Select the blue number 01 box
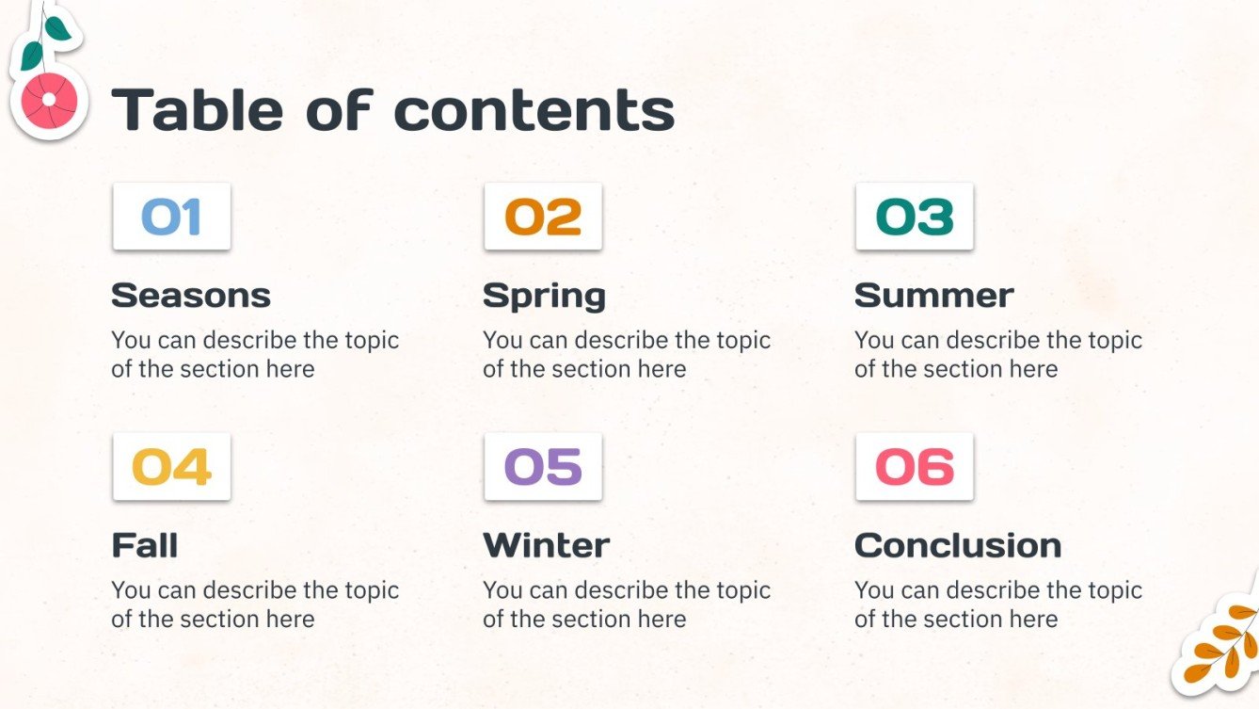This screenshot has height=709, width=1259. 171,217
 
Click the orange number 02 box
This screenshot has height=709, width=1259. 543,217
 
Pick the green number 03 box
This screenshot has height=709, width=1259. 915,217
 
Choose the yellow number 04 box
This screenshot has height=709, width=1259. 171,467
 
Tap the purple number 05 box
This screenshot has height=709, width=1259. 543,467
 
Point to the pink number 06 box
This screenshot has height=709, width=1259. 915,467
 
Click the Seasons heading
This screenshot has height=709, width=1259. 191,296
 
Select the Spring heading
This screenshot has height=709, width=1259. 544,297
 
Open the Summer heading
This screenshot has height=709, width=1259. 933,296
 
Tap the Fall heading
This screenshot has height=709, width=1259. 145,545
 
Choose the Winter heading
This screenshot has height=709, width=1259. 546,545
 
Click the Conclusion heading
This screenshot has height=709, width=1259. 958,545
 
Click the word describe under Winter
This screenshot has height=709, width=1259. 627,590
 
